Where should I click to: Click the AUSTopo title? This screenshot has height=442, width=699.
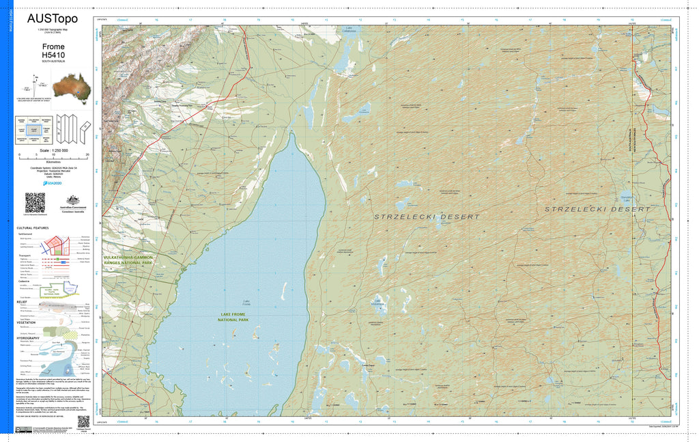click(53, 19)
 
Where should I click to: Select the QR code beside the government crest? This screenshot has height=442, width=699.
click(35, 203)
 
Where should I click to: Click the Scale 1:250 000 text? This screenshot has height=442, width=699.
click(53, 150)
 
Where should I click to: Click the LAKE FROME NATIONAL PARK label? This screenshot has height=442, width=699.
click(234, 316)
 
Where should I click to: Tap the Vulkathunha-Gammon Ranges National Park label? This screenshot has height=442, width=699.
click(128, 260)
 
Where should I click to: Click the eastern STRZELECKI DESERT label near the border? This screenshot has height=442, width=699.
click(597, 208)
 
